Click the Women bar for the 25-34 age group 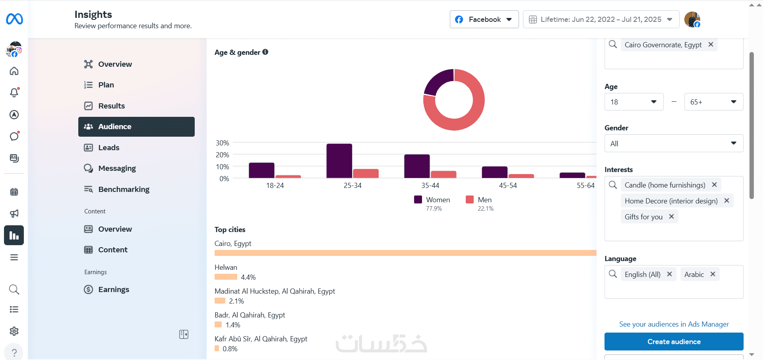[339, 161]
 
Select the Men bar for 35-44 [443, 174]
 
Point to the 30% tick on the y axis [222, 143]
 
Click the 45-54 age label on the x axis [508, 186]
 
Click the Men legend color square [470, 199]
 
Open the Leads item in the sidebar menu [108, 147]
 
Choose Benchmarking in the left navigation [124, 189]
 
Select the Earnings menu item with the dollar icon [114, 289]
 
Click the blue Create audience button [674, 342]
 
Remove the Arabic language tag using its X [713, 274]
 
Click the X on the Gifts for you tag [671, 217]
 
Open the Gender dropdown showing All [674, 143]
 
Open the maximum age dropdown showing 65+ [713, 102]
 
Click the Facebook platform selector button [484, 19]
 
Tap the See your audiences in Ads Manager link [674, 324]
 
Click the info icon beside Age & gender [265, 52]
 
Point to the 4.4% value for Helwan [248, 277]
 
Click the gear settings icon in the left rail [14, 331]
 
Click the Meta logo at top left [14, 19]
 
